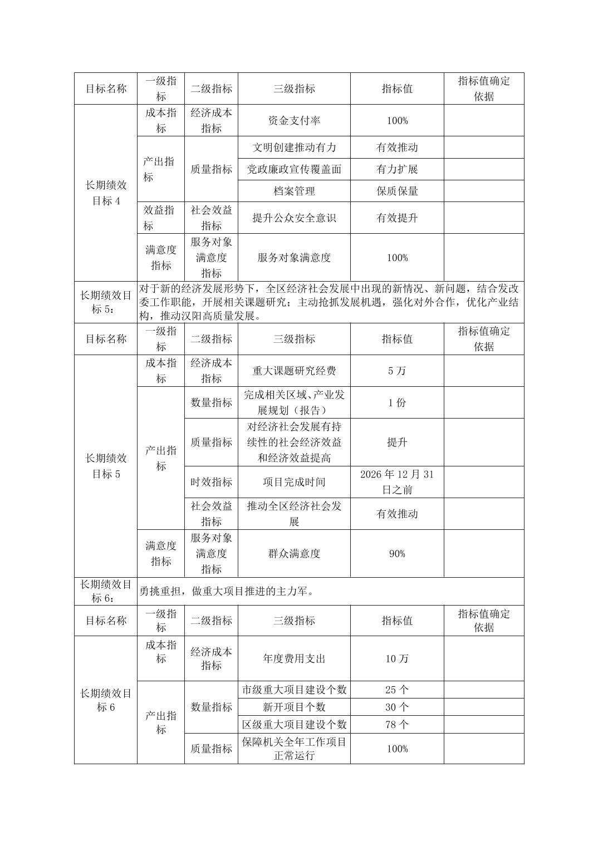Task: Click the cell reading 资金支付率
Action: tap(294, 120)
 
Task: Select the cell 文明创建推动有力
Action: tap(294, 147)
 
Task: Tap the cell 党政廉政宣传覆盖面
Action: tap(294, 169)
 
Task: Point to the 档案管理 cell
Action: tap(294, 191)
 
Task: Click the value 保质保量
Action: tap(397, 191)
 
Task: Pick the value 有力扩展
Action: tap(397, 169)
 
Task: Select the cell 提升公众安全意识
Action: tap(294, 218)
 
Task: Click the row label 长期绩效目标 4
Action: tap(106, 193)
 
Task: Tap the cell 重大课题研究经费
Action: tap(294, 371)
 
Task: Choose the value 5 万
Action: tap(397, 371)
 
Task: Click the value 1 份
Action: tap(397, 402)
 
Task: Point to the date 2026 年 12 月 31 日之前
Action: tap(397, 482)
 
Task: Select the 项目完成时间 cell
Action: tap(294, 482)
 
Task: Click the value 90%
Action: tap(397, 553)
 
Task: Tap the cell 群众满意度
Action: tap(294, 553)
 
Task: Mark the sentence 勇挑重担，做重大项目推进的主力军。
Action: tap(227, 591)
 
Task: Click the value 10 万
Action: tap(397, 658)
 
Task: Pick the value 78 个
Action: tap(397, 724)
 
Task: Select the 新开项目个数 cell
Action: tap(294, 707)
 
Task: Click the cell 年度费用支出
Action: tap(294, 658)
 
